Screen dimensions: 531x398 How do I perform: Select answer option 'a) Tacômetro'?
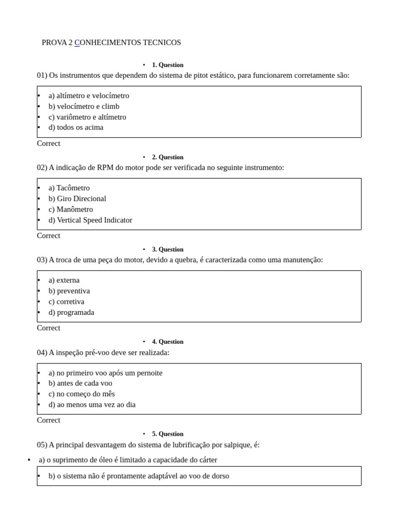pyautogui.click(x=69, y=188)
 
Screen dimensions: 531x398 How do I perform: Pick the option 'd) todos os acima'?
pyautogui.click(x=76, y=127)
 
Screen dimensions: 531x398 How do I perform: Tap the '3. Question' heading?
pyautogui.click(x=167, y=249)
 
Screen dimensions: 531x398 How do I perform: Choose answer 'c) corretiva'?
pyautogui.click(x=66, y=301)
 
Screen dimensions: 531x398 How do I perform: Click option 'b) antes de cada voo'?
pyautogui.click(x=80, y=383)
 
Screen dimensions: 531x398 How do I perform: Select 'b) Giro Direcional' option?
pyautogui.click(x=77, y=199)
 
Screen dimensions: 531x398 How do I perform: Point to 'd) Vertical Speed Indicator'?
pyautogui.click(x=90, y=220)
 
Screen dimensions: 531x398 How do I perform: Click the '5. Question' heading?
pyautogui.click(x=167, y=434)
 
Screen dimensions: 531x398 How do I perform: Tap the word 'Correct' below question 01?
pyautogui.click(x=48, y=143)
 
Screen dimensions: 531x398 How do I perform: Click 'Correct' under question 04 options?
pyautogui.click(x=48, y=420)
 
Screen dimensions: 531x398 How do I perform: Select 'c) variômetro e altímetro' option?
pyautogui.click(x=87, y=117)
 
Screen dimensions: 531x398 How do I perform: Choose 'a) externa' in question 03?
pyautogui.click(x=64, y=280)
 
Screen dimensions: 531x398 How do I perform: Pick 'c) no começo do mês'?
pyautogui.click(x=81, y=394)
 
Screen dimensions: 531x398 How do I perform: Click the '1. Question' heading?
pyautogui.click(x=167, y=65)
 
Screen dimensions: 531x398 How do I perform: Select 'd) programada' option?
pyautogui.click(x=72, y=312)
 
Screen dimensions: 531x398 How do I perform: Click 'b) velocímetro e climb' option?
pyautogui.click(x=84, y=106)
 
